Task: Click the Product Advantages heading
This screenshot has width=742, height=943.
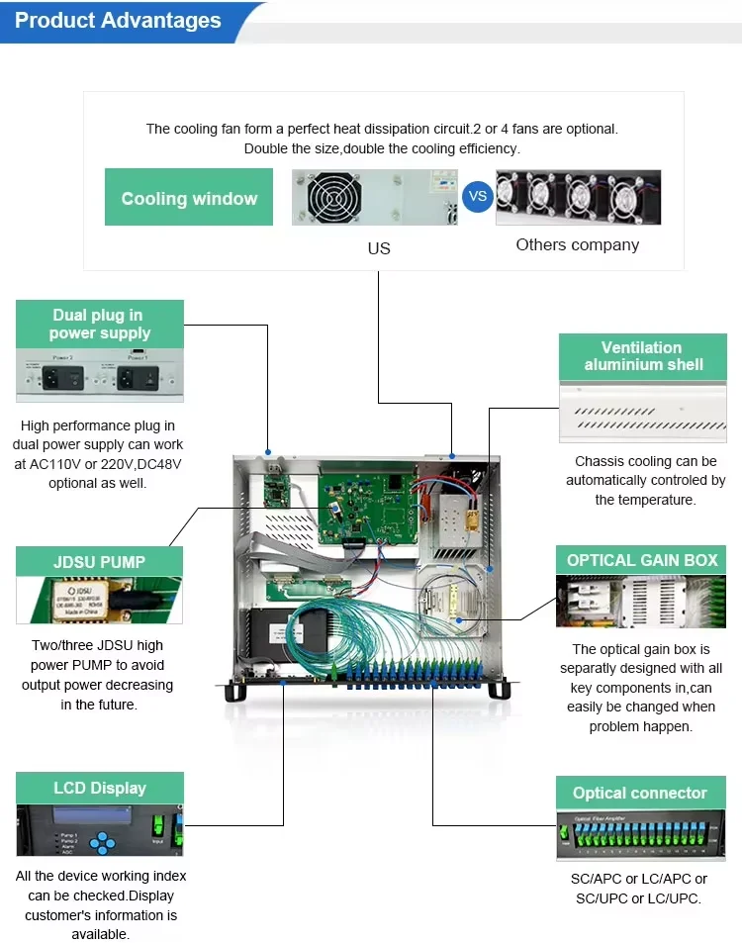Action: point(118,21)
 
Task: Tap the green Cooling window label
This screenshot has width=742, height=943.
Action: point(189,198)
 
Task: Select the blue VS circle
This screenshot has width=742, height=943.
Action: point(478,196)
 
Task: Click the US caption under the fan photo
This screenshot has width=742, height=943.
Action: point(379,248)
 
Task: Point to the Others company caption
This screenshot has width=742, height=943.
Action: point(578,244)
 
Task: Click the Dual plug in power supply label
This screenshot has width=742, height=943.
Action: point(100,325)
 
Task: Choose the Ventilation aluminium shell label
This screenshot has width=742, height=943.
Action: point(642,356)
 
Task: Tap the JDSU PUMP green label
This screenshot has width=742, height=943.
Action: point(100,562)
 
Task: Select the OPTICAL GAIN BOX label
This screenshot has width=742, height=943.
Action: point(642,560)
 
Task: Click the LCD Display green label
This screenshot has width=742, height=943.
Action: point(100,789)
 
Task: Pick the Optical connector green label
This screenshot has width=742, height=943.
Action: point(640,794)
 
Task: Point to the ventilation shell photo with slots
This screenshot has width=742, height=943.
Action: point(642,412)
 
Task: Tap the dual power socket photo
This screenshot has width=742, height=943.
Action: point(100,377)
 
